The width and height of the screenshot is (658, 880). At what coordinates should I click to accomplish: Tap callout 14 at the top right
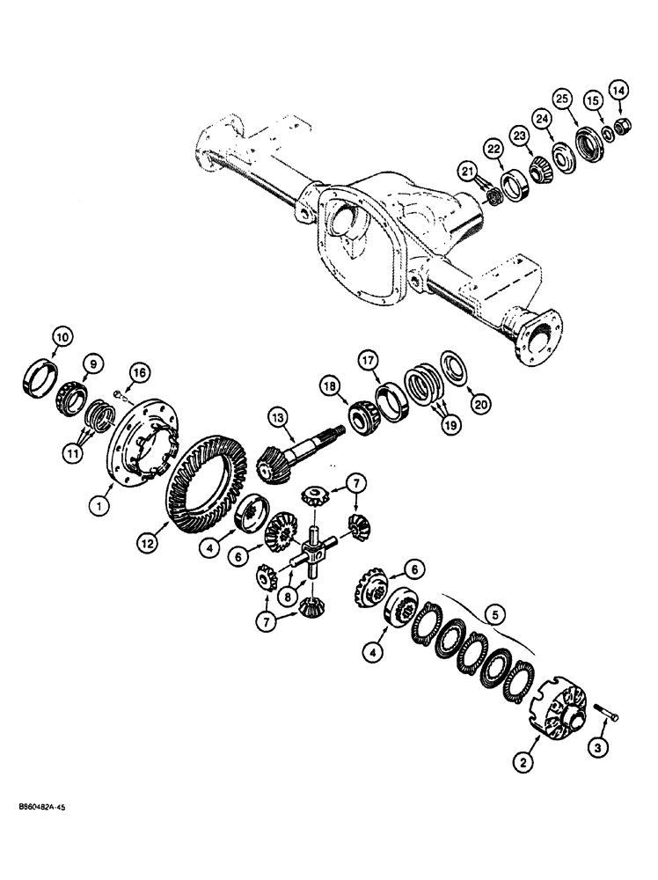619,89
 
